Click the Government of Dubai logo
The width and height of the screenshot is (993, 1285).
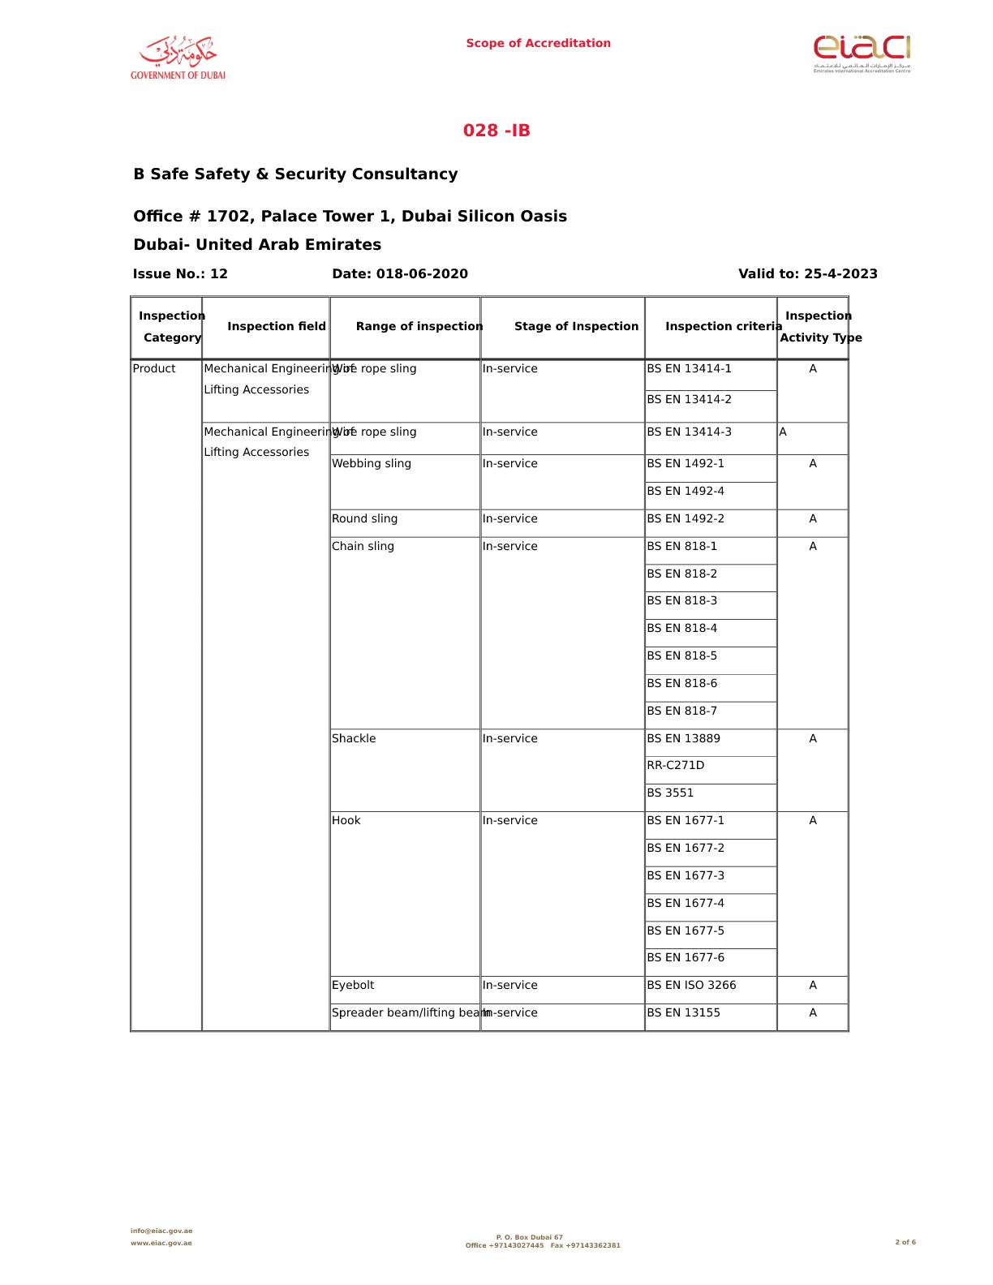pos(178,58)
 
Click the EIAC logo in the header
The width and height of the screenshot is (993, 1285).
pos(862,54)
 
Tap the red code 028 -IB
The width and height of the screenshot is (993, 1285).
pos(496,131)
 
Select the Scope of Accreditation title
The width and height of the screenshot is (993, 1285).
pos(538,44)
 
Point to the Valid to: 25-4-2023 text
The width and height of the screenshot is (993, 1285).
pos(807,274)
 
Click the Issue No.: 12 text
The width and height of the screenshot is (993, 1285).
pos(180,274)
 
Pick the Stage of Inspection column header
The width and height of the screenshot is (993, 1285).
pos(576,327)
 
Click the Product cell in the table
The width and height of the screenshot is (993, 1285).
pos(154,369)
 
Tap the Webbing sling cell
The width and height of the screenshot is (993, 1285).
pos(372,464)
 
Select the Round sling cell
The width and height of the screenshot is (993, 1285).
pos(365,519)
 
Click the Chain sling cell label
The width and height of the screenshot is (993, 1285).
pos(363,547)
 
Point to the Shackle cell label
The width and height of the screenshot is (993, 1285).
pos(354,739)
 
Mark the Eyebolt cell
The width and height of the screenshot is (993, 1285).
pos(353,986)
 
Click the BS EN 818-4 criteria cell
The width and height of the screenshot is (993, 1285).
pos(681,629)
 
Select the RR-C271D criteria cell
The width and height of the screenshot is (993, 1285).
pos(675,766)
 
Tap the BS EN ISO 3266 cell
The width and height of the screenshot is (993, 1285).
pos(691,986)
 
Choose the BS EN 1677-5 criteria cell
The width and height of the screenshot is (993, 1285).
pos(686,931)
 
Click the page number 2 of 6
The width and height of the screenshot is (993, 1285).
pos(905,1242)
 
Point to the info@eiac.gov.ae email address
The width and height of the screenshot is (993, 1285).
pos(161,1231)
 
